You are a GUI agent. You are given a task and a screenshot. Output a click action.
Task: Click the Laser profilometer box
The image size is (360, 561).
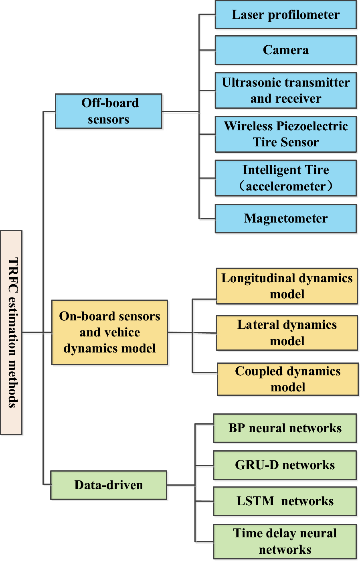(285, 15)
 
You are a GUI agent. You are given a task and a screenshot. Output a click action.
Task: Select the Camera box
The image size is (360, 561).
(285, 50)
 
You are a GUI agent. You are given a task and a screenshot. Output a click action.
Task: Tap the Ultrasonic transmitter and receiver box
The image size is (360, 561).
(285, 90)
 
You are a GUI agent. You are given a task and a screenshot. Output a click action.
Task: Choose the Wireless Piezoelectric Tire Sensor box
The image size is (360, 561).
(285, 134)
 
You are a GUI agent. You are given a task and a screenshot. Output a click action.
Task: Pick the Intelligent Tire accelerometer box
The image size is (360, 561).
(285, 178)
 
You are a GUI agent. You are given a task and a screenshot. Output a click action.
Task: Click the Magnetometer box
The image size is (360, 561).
(285, 219)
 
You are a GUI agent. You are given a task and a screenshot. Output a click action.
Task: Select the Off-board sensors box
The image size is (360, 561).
(109, 111)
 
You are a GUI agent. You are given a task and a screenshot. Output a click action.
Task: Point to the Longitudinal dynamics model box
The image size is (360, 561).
(287, 286)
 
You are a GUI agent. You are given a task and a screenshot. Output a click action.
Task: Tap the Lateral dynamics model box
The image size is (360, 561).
(287, 333)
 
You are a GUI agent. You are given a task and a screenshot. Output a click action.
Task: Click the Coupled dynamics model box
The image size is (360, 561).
(287, 379)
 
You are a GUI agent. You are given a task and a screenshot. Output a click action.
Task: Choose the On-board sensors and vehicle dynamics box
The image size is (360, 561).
(109, 332)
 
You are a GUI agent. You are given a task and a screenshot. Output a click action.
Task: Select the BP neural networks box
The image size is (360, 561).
(285, 428)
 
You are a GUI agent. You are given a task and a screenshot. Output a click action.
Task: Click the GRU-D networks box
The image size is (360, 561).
(285, 465)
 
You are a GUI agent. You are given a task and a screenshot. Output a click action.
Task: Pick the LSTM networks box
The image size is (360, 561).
(285, 501)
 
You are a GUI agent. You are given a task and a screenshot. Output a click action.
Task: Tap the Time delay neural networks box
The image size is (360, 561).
(285, 541)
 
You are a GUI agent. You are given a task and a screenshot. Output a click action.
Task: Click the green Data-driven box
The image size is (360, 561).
(109, 485)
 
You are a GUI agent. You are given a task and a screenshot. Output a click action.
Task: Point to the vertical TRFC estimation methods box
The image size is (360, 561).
(11, 332)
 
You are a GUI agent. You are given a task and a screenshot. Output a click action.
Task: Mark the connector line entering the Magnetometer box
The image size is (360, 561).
(207, 219)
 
